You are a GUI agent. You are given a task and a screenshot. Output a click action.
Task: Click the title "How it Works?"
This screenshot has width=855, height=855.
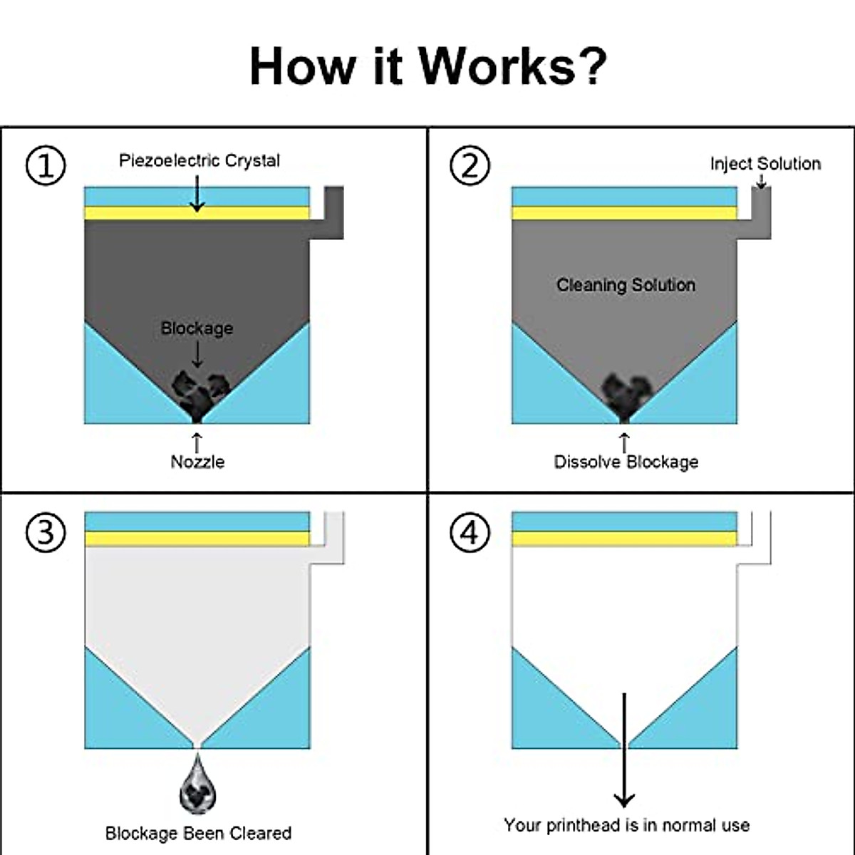pyautogui.click(x=427, y=66)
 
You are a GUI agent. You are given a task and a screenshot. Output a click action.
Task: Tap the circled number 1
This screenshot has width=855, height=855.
pyautogui.click(x=46, y=165)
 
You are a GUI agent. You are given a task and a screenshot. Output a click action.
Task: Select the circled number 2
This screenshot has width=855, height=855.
pyautogui.click(x=470, y=165)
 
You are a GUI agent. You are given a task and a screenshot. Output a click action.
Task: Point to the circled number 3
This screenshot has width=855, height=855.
pyautogui.click(x=46, y=532)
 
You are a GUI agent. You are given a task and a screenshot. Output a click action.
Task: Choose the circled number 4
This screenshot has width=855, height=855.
pyautogui.click(x=470, y=532)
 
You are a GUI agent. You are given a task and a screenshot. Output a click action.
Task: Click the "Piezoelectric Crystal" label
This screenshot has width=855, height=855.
pyautogui.click(x=199, y=160)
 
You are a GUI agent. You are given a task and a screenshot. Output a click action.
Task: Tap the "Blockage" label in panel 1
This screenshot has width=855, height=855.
pyautogui.click(x=197, y=328)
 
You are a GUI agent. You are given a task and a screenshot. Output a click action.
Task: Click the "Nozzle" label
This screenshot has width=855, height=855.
pyautogui.click(x=197, y=462)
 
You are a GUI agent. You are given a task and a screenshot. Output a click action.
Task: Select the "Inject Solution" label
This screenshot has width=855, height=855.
pyautogui.click(x=765, y=164)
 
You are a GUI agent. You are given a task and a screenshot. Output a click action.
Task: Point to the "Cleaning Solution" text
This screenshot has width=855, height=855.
pyautogui.click(x=626, y=285)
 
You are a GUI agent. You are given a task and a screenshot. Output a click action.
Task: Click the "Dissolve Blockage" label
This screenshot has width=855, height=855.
pyautogui.click(x=626, y=462)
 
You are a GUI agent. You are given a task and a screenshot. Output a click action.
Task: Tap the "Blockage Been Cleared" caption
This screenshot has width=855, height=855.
pyautogui.click(x=198, y=833)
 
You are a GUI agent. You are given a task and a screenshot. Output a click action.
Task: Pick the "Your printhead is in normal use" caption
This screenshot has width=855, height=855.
pyautogui.click(x=626, y=825)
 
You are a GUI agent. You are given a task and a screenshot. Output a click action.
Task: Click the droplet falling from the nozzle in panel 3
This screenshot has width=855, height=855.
pyautogui.click(x=197, y=785)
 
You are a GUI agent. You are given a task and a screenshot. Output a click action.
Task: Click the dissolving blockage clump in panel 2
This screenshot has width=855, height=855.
pyautogui.click(x=625, y=394)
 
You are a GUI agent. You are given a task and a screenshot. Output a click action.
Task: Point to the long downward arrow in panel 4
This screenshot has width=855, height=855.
pyautogui.click(x=624, y=748)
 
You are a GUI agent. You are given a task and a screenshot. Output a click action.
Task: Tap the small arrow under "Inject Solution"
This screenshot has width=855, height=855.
pyautogui.click(x=761, y=182)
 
